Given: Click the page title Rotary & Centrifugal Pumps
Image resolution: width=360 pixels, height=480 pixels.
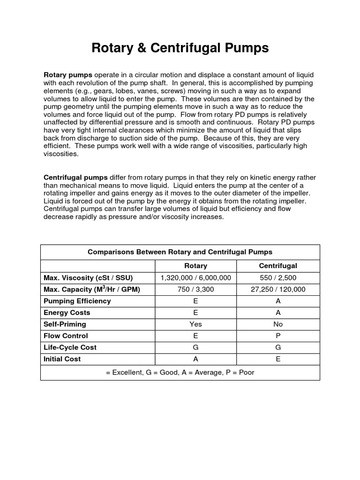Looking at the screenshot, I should point(180,48).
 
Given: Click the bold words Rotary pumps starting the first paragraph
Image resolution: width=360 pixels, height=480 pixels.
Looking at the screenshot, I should point(68,75).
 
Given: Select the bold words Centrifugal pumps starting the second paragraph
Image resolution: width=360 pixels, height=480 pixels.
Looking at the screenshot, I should point(75,178).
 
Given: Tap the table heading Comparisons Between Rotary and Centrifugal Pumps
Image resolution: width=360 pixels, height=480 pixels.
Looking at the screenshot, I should point(180,252).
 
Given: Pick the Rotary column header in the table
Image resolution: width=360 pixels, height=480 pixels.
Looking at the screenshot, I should point(195,266).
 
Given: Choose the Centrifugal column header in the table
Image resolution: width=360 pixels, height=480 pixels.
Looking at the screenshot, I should point(278,266).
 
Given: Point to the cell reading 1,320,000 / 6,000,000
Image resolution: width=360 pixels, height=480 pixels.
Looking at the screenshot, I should point(195,277).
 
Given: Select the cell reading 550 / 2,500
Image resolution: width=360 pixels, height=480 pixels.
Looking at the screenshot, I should point(278,277).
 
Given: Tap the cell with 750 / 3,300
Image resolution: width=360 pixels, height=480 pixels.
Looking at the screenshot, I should point(195,289).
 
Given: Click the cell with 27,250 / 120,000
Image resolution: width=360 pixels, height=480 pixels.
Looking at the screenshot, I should point(278,289).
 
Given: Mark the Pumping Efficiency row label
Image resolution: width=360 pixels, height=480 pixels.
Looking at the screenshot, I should point(77,301).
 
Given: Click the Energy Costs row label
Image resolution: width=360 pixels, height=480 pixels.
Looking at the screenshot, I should point(67,313).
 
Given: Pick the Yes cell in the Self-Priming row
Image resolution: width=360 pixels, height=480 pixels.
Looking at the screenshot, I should point(195,324).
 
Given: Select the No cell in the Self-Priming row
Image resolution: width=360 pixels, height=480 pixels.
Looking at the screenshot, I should point(278,324).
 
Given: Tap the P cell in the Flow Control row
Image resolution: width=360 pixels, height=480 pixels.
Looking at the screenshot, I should point(278,336).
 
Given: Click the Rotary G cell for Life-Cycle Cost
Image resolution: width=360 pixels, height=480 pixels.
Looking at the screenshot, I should point(195,347).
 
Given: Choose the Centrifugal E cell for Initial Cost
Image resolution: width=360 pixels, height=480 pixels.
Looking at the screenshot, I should point(278,359).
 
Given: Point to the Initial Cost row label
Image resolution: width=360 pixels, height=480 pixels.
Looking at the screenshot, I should point(62,359).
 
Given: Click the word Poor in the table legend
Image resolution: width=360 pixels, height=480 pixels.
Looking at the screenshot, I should point(246,372).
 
